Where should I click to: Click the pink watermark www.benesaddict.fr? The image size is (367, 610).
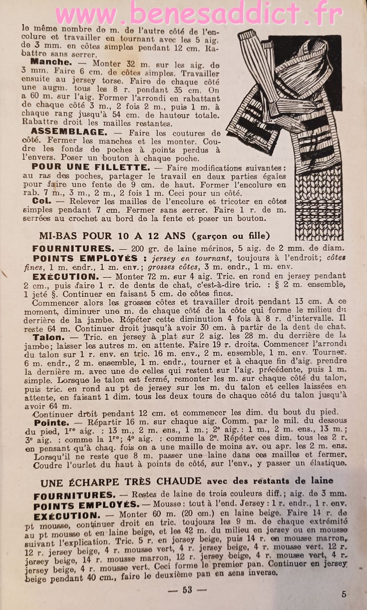(198, 15)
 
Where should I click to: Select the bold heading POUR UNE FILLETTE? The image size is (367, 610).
(90, 167)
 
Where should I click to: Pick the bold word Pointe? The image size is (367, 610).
(51, 423)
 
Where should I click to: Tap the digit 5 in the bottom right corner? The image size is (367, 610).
(344, 594)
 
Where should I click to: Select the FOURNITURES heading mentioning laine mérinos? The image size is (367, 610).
(73, 249)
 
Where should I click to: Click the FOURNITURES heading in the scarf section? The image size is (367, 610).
(75, 496)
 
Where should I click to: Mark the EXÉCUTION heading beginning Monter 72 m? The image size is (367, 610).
(65, 277)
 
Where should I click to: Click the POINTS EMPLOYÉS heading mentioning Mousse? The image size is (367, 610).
(85, 506)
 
